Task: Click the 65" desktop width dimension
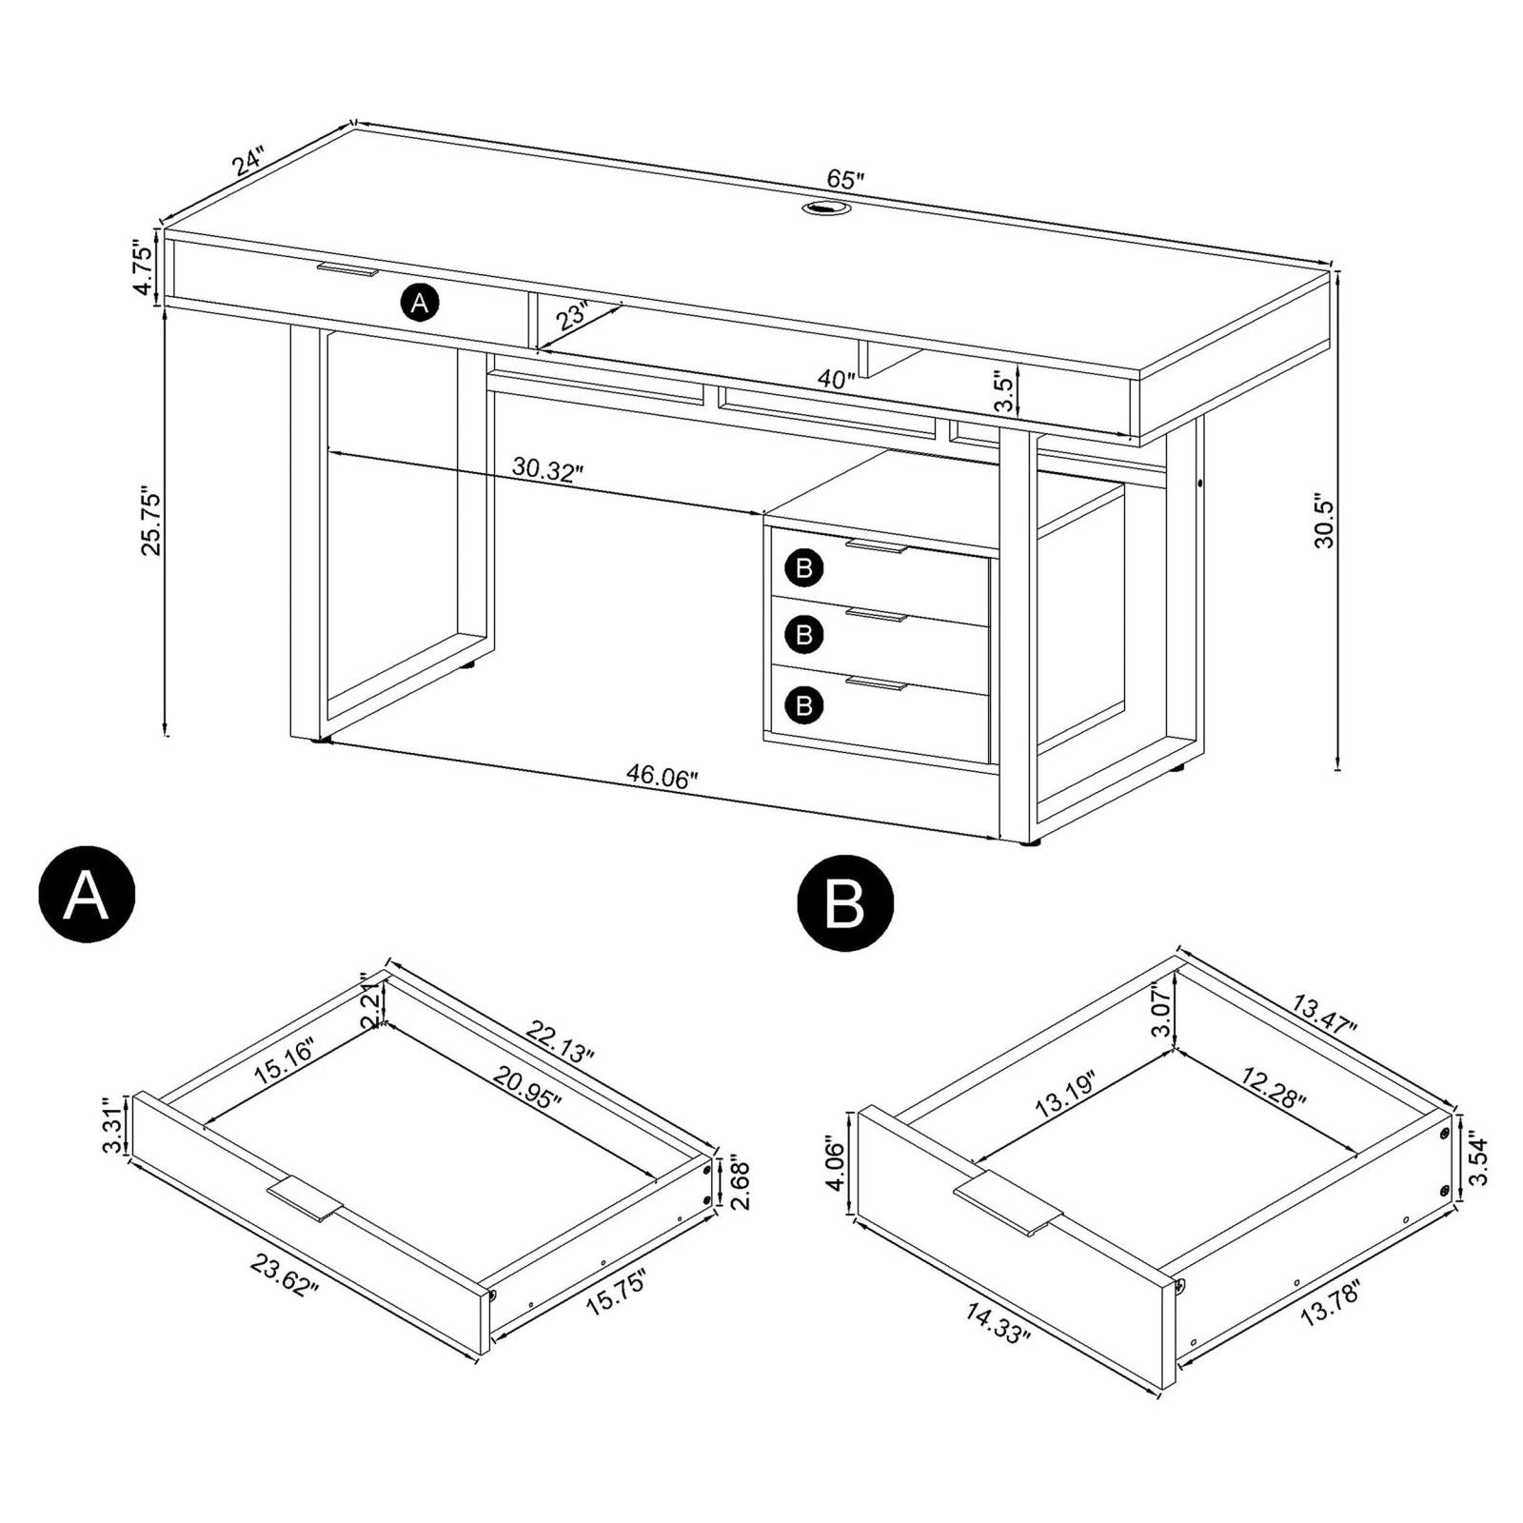pyautogui.click(x=845, y=178)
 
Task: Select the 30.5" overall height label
pyautogui.click(x=1324, y=521)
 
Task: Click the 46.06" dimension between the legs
pyautogui.click(x=663, y=776)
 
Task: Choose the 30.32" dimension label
pyautogui.click(x=547, y=469)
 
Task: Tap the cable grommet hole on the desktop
pyautogui.click(x=822, y=208)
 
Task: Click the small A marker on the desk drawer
pyautogui.click(x=420, y=304)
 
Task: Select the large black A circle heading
pyautogui.click(x=87, y=895)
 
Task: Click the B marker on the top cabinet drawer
pyautogui.click(x=804, y=569)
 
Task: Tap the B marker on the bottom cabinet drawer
pyautogui.click(x=804, y=705)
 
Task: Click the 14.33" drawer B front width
pyautogui.click(x=999, y=1322)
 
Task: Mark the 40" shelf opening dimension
pyautogui.click(x=837, y=380)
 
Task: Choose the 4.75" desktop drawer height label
pyautogui.click(x=142, y=268)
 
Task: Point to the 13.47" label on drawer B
pyautogui.click(x=1325, y=1016)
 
